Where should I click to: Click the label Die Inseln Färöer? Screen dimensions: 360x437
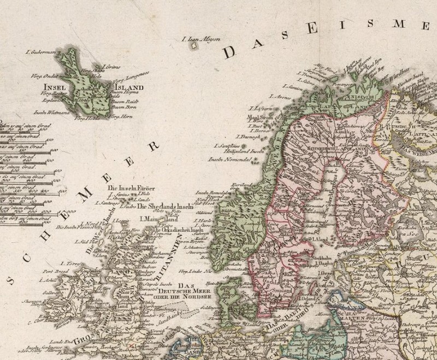coord(132,189)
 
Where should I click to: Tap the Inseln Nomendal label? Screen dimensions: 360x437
coord(229,160)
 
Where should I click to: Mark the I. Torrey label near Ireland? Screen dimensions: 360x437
coord(68,262)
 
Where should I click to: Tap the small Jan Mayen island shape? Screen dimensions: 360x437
coord(192,47)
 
